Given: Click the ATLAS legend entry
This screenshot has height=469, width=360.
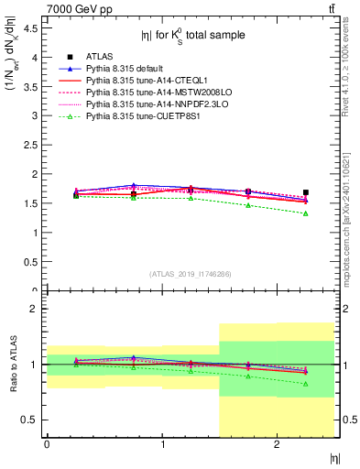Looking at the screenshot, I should tap(101, 56).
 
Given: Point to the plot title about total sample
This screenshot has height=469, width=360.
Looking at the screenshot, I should tap(190, 36).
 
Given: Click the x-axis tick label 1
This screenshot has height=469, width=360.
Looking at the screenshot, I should tap(162, 444).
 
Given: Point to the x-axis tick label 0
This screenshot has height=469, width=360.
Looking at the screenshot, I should tap(47, 444).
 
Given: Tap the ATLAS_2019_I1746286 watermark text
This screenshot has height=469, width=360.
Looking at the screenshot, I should tap(190, 274).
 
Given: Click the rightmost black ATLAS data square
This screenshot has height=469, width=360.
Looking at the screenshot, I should tap(306, 192).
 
